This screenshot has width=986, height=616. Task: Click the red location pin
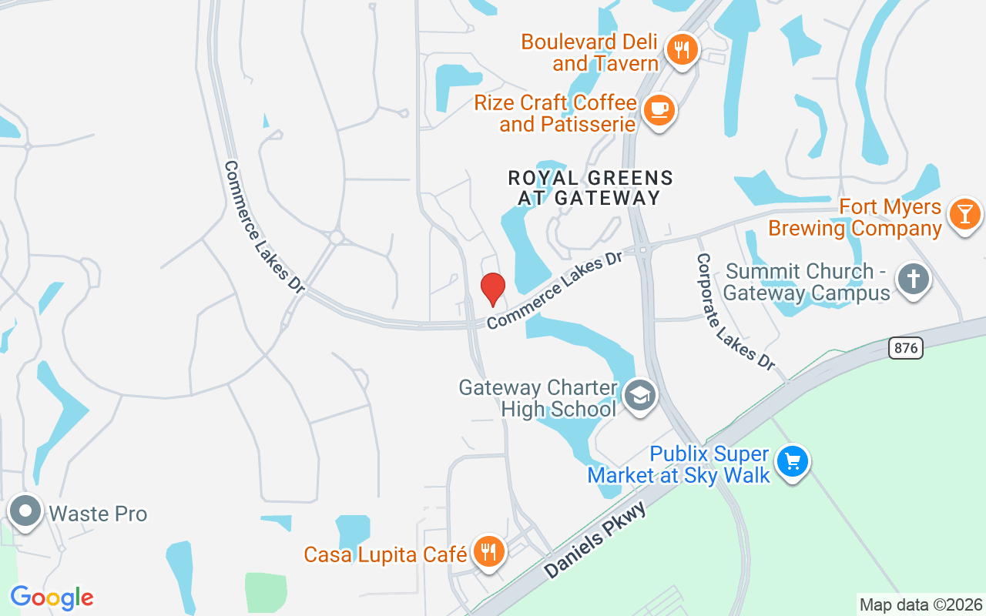click(492, 289)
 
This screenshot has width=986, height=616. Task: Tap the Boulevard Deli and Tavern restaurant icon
click(682, 50)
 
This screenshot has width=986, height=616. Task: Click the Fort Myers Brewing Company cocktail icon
click(964, 213)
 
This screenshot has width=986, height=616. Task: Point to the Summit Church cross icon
click(914, 279)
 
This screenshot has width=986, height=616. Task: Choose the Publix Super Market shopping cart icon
click(791, 462)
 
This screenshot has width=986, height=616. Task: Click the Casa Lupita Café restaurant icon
click(488, 551)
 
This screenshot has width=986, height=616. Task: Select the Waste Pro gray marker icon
click(27, 511)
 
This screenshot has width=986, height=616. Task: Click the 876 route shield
click(905, 348)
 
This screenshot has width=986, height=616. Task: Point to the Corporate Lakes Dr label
click(735, 311)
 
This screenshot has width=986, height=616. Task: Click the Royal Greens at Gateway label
click(590, 188)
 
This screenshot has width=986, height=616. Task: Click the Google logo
click(52, 598)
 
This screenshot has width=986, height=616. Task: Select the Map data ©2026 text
click(921, 605)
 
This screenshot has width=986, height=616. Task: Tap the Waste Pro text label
click(98, 514)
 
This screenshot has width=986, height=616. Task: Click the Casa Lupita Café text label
click(385, 554)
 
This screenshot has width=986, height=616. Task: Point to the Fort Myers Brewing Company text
click(855, 218)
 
